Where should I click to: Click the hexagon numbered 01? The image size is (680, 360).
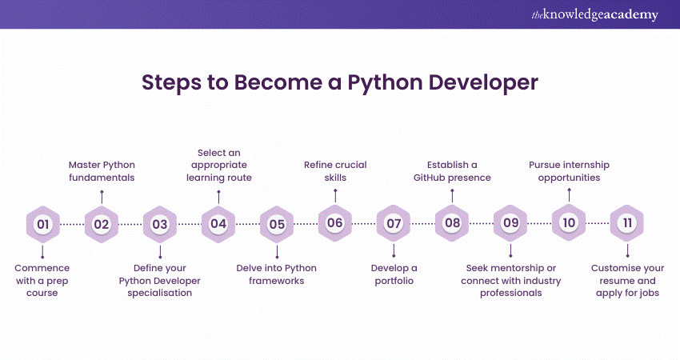43,224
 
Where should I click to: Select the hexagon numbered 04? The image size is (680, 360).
218,224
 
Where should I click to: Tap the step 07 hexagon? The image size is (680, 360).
394,224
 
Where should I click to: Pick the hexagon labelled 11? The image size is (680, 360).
627,224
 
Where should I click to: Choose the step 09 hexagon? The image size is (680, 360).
510,224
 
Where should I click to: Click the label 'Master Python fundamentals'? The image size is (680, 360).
101,171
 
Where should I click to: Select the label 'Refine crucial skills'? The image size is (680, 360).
335,171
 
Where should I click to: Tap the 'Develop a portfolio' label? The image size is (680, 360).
393,274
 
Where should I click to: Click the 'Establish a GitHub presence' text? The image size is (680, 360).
452,171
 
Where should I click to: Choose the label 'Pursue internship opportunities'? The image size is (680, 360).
569,171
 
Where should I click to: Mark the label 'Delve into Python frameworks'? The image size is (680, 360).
277,274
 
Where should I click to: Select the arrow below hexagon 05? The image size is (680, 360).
277,252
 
